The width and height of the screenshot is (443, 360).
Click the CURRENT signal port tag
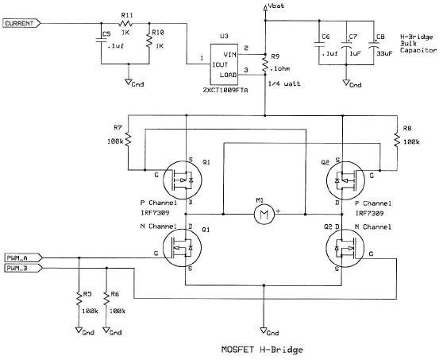21,24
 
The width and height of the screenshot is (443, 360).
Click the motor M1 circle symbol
264,215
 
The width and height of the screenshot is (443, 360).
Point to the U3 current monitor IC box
224,64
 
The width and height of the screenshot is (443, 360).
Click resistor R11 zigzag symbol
125,23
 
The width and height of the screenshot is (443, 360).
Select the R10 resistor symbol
149,41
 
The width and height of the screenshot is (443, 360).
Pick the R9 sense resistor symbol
265,64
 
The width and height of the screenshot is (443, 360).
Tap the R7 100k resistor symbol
129,139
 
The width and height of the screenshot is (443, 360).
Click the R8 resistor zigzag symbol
397,140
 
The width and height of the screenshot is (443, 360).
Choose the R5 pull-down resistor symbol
79,298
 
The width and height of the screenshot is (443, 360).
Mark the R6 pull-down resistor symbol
106,298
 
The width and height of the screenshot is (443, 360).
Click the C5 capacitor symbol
101,40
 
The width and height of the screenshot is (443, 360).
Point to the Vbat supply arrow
265,8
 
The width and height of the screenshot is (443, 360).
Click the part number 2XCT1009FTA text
225,91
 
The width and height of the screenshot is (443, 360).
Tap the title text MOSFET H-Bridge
262,350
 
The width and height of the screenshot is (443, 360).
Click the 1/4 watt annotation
284,83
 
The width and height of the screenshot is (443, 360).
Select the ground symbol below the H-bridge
264,331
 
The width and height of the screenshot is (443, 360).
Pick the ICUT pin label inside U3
220,64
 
